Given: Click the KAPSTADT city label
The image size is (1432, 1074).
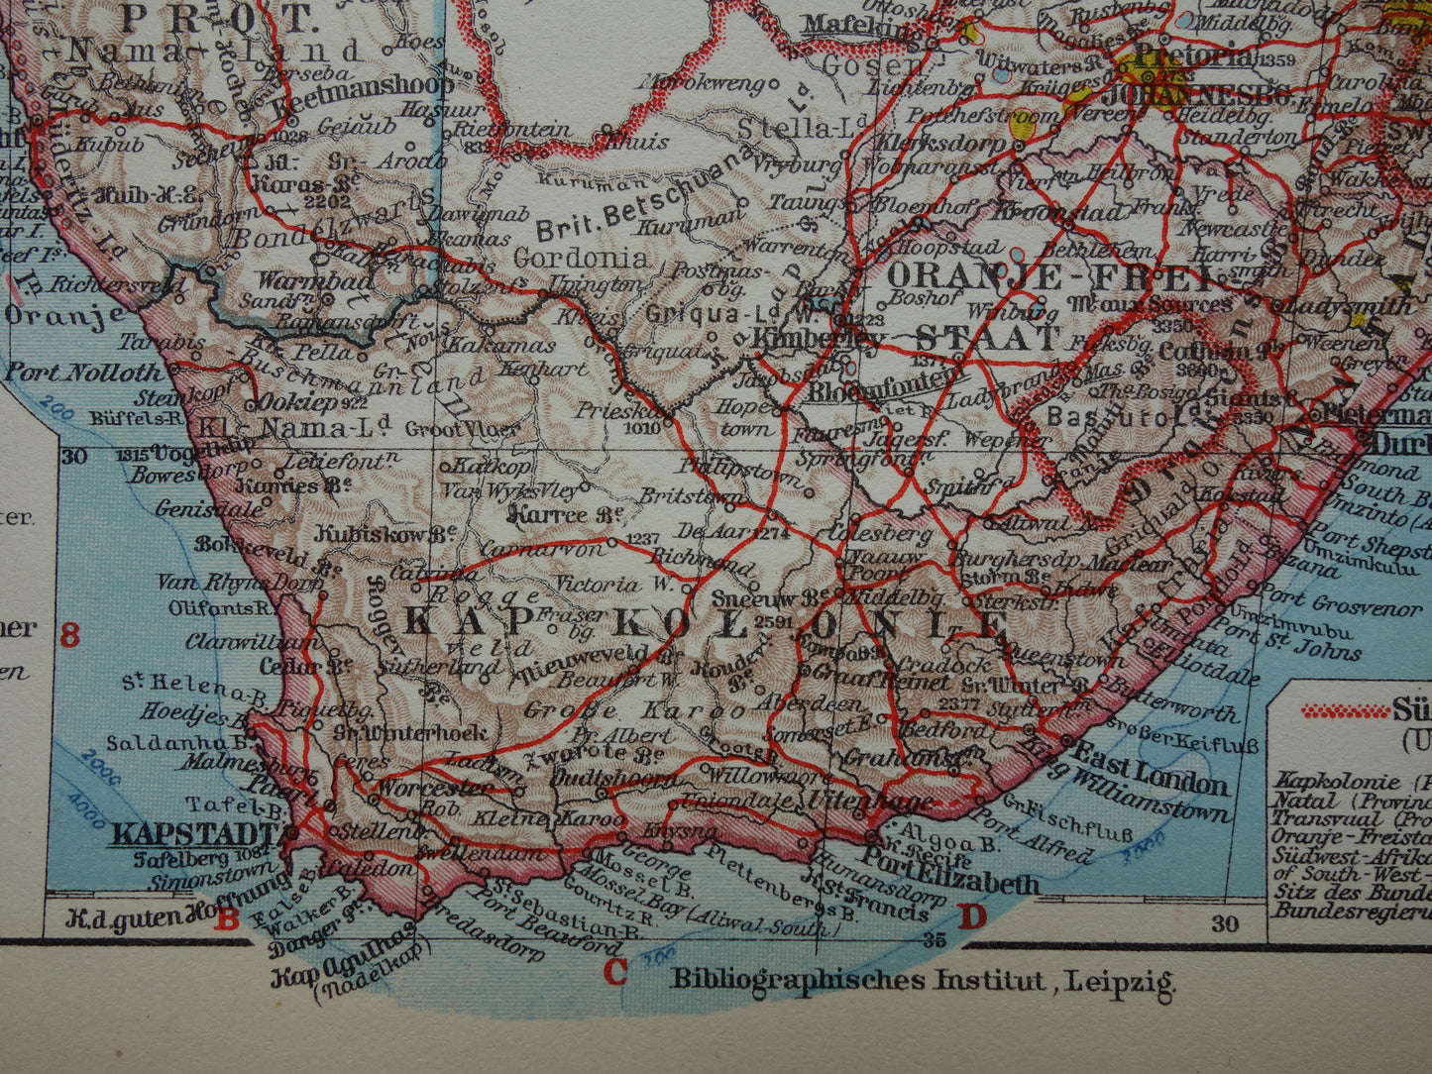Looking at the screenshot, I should point(197,832).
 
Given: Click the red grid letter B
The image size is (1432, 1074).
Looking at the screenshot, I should point(229,920).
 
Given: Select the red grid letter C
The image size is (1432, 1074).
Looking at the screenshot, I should point(615,973).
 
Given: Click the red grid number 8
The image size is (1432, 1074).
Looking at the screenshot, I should point(69,634).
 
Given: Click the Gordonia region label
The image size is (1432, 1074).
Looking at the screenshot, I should point(582,260).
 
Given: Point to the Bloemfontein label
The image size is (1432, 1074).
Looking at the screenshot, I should point(885,391).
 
